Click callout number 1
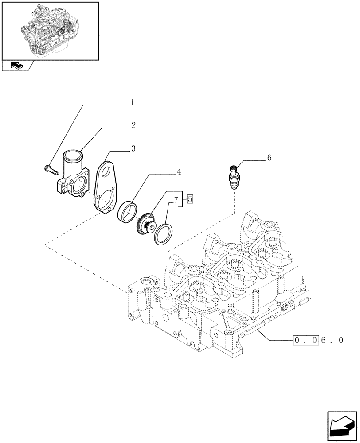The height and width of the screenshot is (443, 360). click(x=131, y=103)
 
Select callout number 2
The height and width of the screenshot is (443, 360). click(x=133, y=125)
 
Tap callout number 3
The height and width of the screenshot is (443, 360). click(x=133, y=148)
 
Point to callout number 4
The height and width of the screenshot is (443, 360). click(x=179, y=171)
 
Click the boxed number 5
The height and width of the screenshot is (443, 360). click(x=190, y=199)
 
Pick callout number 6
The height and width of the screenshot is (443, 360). click(x=269, y=158)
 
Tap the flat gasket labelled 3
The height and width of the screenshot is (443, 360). click(x=106, y=188)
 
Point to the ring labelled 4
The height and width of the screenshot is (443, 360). click(x=127, y=210)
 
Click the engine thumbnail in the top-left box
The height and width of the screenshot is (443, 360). click(x=50, y=30)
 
